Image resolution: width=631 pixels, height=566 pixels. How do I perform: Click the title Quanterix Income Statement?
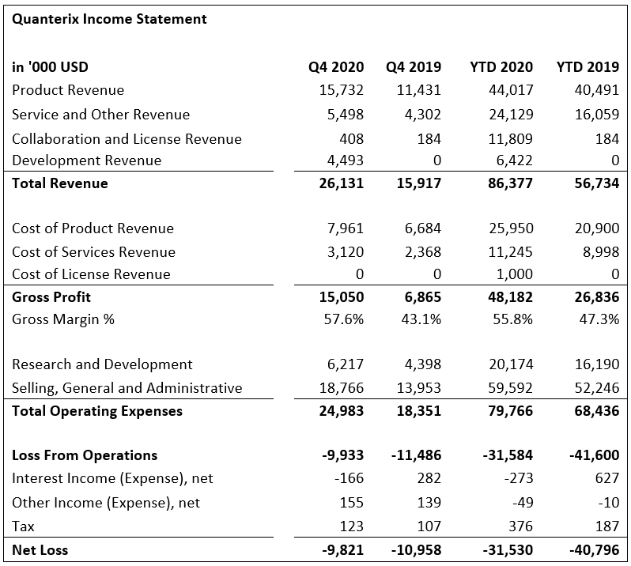(109, 19)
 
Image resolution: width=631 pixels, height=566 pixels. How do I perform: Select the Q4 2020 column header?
(336, 66)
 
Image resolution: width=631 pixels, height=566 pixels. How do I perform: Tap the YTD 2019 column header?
(588, 66)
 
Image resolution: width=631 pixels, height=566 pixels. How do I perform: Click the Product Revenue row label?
(68, 90)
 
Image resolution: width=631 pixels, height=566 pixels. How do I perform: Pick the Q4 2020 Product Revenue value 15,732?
(342, 90)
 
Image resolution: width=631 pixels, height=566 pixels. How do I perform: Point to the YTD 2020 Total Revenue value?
(510, 183)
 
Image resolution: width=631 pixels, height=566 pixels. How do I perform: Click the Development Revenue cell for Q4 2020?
(345, 160)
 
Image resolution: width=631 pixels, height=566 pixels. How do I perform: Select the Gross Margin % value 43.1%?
(421, 319)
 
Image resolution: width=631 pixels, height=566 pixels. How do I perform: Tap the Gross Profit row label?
(51, 297)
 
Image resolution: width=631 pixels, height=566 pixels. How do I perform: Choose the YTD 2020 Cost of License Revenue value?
(514, 274)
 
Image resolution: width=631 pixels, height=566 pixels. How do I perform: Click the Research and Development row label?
(102, 364)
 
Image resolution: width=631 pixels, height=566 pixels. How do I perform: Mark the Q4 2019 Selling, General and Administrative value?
(419, 388)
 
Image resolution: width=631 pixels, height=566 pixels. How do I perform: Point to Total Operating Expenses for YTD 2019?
(597, 411)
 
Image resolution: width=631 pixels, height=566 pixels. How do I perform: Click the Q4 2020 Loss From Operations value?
(342, 455)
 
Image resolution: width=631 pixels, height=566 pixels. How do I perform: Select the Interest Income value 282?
(429, 478)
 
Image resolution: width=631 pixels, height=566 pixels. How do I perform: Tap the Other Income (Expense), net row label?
(106, 503)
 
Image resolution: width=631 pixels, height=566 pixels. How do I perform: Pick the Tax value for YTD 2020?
(521, 526)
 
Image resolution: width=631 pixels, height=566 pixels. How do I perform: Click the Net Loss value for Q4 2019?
(416, 550)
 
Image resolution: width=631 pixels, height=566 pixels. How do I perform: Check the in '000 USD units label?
(50, 66)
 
